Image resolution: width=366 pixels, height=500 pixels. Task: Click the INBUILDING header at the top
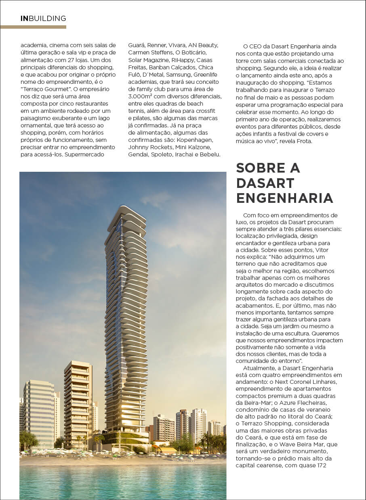pyautogui.click(x=43, y=19)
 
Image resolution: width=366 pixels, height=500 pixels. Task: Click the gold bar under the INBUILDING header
pyautogui.click(x=33, y=27)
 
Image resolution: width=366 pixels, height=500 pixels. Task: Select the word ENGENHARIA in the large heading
pyautogui.click(x=284, y=198)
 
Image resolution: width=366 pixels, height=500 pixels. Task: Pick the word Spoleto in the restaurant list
pyautogui.click(x=164, y=155)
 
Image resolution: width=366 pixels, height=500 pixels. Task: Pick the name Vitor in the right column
pyautogui.click(x=322, y=250)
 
